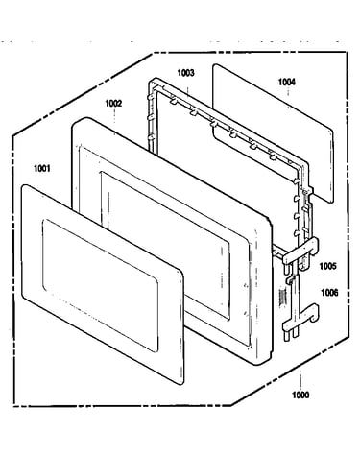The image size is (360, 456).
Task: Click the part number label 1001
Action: coord(42,168)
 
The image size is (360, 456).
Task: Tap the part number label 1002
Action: coord(113,104)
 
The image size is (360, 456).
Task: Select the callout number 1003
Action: coord(185,73)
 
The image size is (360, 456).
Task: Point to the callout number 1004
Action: coord(286,82)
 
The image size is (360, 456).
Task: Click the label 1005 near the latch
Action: coord(328,266)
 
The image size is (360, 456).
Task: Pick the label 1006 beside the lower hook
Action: coord(329,293)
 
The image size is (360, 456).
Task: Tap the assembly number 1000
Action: coord(300,395)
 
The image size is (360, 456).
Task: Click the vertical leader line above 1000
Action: coord(300,380)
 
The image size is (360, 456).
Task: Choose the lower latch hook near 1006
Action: coord(300,319)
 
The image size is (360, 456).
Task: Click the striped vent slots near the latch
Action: coord(282,298)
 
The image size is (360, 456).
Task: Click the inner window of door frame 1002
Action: coord(166,247)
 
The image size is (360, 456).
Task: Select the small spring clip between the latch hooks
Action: coord(290,280)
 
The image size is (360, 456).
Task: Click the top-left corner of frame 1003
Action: coord(152,81)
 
